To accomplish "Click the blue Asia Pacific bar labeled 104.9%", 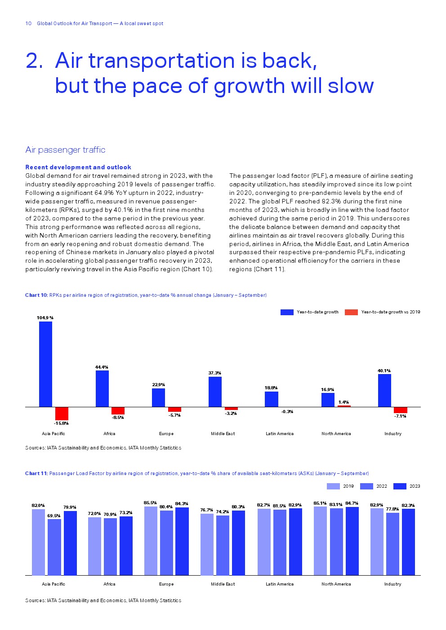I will (x=45, y=364).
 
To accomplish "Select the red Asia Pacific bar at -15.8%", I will (x=62, y=414).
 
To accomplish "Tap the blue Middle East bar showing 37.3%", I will (x=215, y=392).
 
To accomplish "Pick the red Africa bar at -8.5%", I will (x=118, y=410).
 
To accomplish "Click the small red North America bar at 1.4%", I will (x=344, y=406).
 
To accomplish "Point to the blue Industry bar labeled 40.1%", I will (x=384, y=390).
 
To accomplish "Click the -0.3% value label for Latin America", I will (x=287, y=412).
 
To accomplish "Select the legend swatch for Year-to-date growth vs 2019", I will (x=351, y=312).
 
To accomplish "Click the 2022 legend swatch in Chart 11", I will (x=366, y=486).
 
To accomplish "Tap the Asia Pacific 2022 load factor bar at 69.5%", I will (x=54, y=547).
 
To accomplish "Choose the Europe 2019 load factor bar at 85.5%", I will (x=151, y=541).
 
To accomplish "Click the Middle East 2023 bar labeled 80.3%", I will (x=238, y=543).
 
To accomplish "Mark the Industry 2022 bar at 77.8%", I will (x=392, y=544).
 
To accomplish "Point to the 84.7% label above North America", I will (x=352, y=503).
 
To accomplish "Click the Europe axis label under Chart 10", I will (x=166, y=434).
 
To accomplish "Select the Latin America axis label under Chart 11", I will (x=279, y=584).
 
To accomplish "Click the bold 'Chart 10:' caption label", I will (x=36, y=295).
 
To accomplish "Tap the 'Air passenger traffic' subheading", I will (x=65, y=150).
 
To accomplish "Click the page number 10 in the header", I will (x=28, y=23).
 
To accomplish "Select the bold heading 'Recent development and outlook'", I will (x=78, y=167).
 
